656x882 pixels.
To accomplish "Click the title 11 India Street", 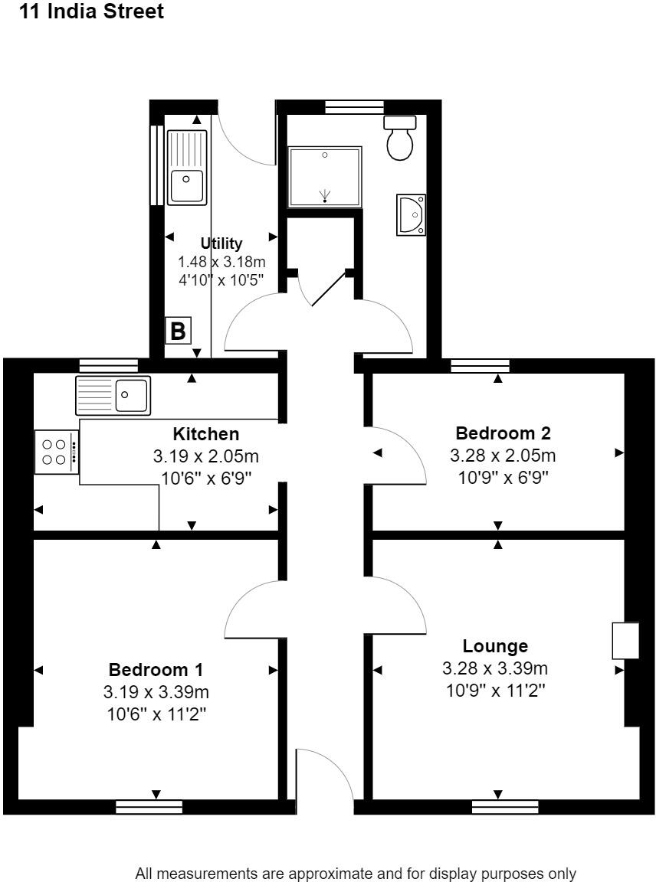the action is tap(92, 11).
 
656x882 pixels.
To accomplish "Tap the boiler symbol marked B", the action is tap(178, 331).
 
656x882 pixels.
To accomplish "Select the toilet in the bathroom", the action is tap(400, 139).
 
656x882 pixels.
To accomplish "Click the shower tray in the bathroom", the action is tap(325, 177).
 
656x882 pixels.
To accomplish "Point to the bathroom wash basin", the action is tap(411, 214).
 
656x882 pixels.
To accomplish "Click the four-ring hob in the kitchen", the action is tap(56, 452).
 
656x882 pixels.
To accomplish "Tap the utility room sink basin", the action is tap(186, 185).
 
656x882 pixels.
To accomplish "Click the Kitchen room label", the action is tap(206, 433).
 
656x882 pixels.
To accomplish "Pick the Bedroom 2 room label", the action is tap(503, 433).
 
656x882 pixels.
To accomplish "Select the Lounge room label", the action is tap(496, 646).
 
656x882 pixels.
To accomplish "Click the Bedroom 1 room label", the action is tap(156, 669).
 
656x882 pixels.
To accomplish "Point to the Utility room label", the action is tap(221, 243).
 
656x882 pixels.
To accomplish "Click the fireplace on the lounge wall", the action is tap(625, 640).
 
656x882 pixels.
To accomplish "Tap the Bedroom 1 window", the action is tap(149, 807).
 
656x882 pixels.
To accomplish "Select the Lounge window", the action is tap(505, 807).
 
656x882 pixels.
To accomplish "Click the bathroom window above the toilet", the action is tap(354, 106).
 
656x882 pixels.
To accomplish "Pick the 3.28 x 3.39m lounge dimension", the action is tap(495, 668).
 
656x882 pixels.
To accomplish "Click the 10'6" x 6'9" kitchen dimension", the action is tap(206, 478).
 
